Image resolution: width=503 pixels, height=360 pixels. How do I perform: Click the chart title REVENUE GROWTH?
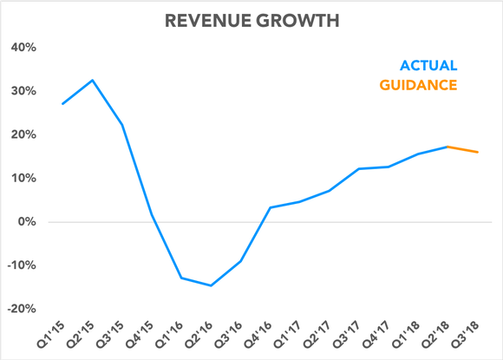(251, 18)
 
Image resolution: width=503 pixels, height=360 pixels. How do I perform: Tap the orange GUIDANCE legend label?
(417, 85)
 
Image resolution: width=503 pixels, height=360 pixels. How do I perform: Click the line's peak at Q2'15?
(92, 81)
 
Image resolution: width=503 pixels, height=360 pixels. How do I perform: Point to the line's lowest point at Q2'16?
(210, 285)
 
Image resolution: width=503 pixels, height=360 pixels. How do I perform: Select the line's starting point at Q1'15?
(62, 104)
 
